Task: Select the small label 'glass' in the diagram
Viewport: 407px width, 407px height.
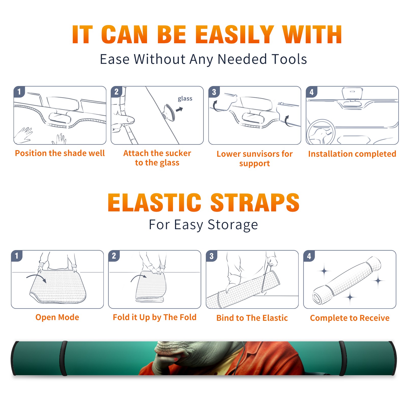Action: [185, 99]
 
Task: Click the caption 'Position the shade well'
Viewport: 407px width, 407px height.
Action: [60, 153]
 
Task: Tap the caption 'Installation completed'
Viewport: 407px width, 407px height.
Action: [352, 154]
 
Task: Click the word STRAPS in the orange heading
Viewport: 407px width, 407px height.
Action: [255, 202]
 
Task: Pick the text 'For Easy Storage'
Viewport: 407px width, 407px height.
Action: [203, 225]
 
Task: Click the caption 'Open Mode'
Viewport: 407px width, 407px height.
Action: [57, 317]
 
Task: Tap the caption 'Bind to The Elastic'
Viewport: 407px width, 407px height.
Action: [252, 318]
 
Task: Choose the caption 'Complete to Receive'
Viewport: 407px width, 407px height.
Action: [350, 318]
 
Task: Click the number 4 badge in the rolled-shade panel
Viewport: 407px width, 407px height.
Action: [309, 256]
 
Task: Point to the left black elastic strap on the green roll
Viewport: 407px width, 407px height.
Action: [63, 358]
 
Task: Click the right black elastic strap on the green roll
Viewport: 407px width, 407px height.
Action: [342, 358]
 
